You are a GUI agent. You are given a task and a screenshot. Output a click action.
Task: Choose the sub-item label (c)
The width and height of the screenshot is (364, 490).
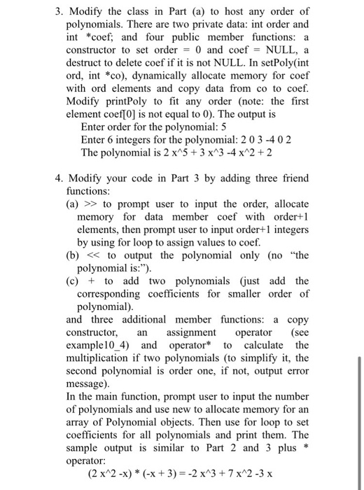73,281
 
